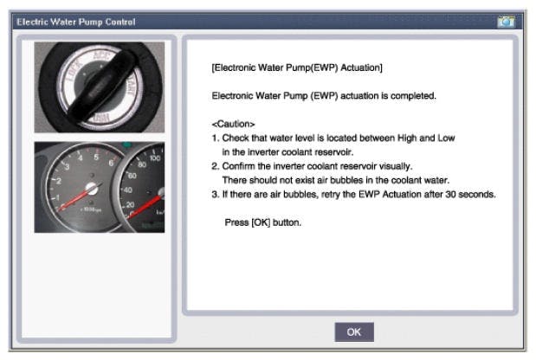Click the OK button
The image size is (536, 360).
point(354,332)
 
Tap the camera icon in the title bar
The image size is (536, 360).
point(506,22)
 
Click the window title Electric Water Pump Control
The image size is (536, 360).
point(76,22)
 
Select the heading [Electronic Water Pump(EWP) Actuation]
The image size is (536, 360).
point(297,67)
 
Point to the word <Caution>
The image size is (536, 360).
point(234,124)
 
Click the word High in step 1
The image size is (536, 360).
point(407,138)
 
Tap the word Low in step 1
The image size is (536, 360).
point(447,138)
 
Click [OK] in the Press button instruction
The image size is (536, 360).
point(261,222)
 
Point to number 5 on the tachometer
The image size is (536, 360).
point(96,157)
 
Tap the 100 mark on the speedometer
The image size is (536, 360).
point(155,157)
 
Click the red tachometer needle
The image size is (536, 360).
point(76,197)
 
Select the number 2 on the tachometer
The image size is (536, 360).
point(59,181)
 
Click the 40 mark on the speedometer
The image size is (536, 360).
point(128,190)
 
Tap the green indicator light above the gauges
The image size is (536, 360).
point(126,145)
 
